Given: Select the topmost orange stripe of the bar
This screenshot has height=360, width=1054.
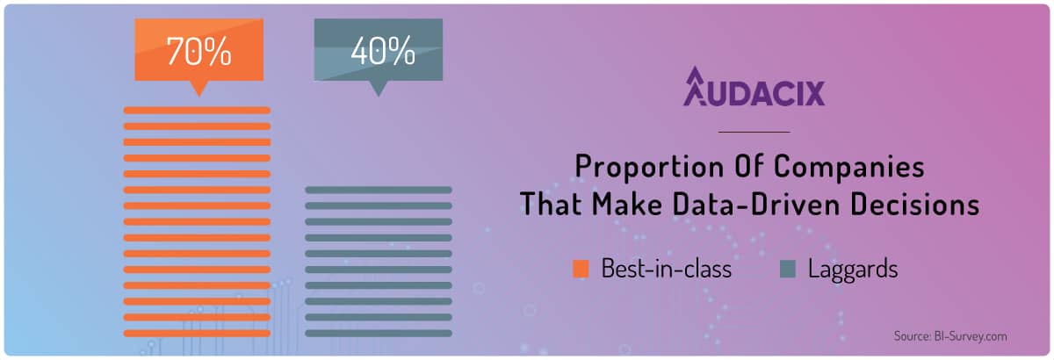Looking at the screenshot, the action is click(x=197, y=111).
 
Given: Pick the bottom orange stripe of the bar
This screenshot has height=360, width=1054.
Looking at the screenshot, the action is click(x=197, y=333).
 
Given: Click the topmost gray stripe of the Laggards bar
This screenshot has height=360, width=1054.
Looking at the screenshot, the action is click(x=379, y=191).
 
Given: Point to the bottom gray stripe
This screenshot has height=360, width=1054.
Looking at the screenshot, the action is click(x=379, y=333).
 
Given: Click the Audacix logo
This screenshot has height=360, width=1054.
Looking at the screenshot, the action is click(x=754, y=87).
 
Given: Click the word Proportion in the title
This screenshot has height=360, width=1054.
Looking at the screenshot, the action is click(x=648, y=167).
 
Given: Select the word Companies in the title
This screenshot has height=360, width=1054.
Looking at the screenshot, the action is click(x=849, y=167).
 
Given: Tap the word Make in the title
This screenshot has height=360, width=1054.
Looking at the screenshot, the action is click(x=626, y=205).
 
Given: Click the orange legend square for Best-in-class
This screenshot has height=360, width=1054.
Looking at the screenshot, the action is click(x=581, y=270).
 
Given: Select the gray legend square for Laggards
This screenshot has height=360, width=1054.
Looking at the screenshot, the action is click(x=788, y=270).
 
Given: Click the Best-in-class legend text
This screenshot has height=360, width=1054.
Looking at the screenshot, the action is click(x=667, y=269).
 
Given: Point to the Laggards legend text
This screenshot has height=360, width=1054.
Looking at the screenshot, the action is click(x=853, y=270).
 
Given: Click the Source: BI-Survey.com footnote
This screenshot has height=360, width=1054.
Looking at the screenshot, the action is click(x=950, y=336).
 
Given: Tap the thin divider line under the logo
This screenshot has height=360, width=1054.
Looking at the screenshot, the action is click(x=754, y=133).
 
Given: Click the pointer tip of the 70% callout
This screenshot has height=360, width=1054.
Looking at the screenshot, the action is click(x=199, y=97).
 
